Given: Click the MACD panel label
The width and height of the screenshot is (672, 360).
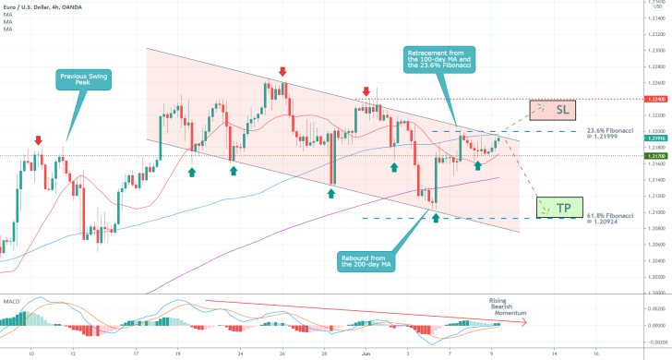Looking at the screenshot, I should (x=13, y=275).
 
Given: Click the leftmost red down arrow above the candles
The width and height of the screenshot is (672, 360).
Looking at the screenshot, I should (x=38, y=140).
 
